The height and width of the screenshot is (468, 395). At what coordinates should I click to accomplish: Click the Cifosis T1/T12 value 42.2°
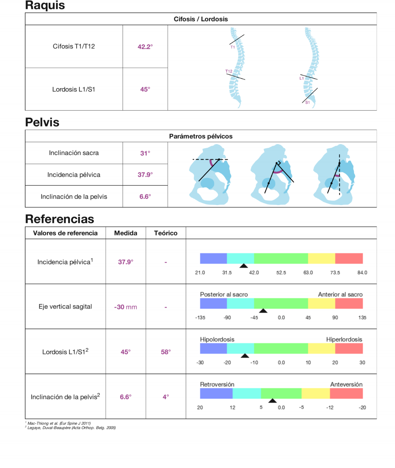(145, 47)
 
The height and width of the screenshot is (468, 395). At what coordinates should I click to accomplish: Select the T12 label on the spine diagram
(229, 71)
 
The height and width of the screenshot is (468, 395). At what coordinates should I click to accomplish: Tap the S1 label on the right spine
(307, 103)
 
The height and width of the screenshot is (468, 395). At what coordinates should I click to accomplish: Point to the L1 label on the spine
(302, 78)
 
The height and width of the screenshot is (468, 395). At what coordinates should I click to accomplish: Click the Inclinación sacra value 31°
(145, 153)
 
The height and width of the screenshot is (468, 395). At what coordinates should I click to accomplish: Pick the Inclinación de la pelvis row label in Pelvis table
(74, 197)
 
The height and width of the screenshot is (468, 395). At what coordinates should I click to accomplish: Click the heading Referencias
(59, 219)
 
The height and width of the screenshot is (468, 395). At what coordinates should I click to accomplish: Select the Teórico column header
(166, 233)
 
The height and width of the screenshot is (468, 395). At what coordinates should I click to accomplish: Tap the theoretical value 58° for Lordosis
(166, 352)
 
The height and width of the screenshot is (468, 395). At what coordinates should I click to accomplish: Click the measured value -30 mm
(125, 307)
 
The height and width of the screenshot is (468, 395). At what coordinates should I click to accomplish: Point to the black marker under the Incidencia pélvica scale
(244, 266)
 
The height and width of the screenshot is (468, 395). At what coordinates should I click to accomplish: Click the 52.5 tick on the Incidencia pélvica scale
(281, 273)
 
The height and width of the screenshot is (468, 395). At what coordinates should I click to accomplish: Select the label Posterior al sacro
(224, 294)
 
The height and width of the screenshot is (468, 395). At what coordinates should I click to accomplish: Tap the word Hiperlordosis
(344, 340)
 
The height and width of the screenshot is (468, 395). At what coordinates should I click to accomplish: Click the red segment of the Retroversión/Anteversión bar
(346, 393)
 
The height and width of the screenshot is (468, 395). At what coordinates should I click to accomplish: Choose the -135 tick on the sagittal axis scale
(200, 318)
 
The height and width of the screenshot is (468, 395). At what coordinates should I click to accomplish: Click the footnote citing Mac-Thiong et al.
(59, 423)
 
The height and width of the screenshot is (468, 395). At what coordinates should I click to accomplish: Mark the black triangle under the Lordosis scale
(245, 356)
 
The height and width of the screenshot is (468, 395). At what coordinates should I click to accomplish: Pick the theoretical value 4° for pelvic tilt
(166, 397)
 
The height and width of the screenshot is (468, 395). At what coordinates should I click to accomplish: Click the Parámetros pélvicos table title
(201, 136)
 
